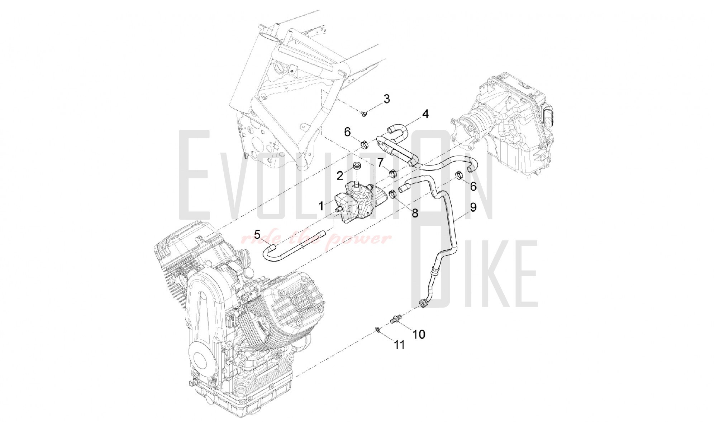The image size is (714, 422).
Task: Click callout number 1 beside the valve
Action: point(322,206)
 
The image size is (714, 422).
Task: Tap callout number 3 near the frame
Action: point(386,99)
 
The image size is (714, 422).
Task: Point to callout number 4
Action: point(425,114)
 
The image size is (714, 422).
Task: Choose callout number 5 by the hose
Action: point(257,235)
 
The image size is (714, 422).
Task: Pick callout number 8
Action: point(415,213)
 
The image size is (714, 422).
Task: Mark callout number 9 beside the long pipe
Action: point(473,207)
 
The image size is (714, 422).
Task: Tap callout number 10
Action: point(419,334)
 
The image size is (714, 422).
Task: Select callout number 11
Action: point(399,345)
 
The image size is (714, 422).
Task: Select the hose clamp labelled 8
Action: point(392,195)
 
